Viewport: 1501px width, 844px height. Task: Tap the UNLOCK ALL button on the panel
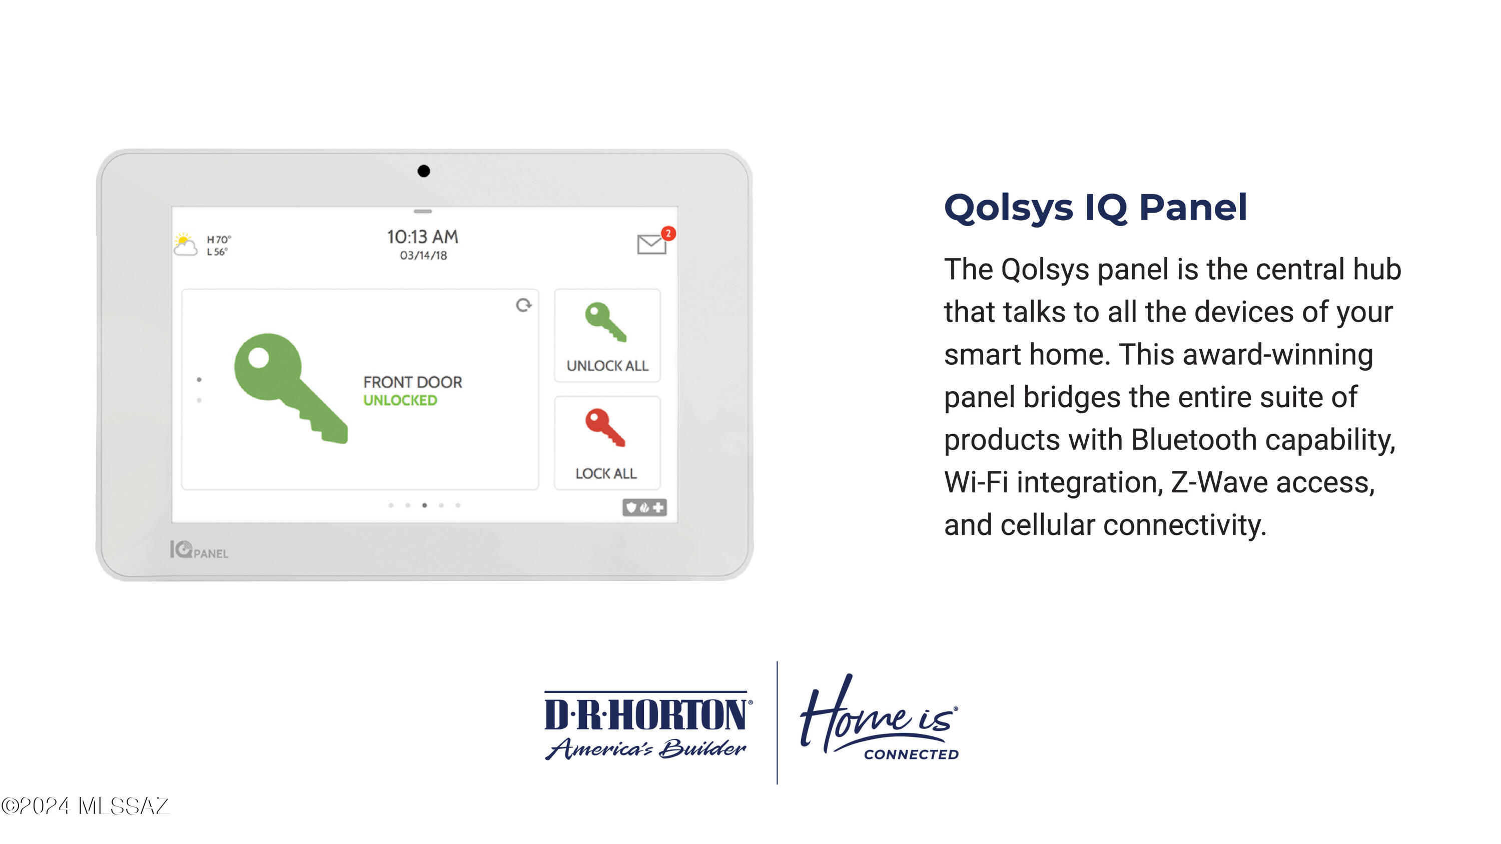607,336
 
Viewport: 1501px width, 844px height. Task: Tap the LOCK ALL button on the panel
607,443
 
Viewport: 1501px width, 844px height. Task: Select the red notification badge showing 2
668,234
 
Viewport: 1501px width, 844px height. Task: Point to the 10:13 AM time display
423,237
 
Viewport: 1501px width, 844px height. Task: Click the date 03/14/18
424,256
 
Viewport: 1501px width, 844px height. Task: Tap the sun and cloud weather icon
185,245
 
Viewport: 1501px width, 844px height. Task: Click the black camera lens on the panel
424,171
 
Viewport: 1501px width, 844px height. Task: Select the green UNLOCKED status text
400,400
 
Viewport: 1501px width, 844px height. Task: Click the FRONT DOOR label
413,382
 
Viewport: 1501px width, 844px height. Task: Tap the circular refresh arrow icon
524,305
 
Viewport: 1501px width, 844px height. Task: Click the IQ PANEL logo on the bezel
199,550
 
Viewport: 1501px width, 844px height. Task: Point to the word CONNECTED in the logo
911,754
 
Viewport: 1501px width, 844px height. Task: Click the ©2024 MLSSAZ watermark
85,806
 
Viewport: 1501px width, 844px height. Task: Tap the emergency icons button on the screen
644,508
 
